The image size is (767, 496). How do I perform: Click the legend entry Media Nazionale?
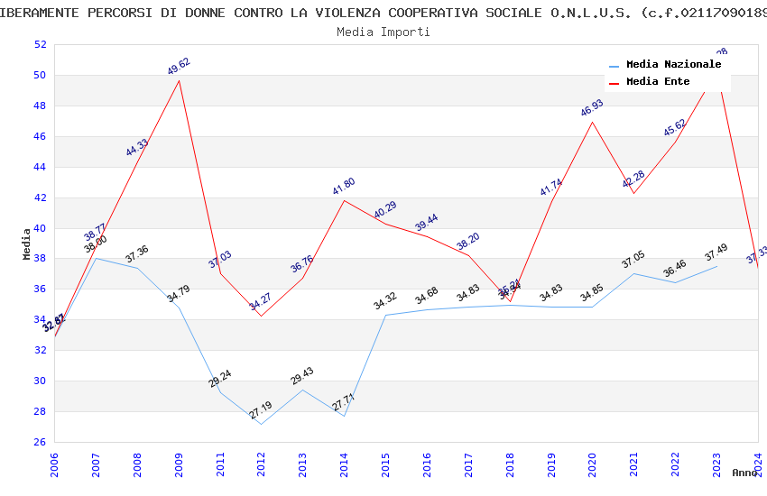pyautogui.click(x=673, y=65)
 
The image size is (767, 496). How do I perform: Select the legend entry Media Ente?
pyautogui.click(x=658, y=82)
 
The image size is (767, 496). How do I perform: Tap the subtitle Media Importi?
pyautogui.click(x=383, y=32)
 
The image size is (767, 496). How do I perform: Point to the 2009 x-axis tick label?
pyautogui.click(x=180, y=464)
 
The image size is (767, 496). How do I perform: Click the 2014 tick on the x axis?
pyautogui.click(x=345, y=464)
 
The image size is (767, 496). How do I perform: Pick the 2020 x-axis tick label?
pyautogui.click(x=593, y=464)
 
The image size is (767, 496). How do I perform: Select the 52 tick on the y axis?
pyautogui.click(x=40, y=45)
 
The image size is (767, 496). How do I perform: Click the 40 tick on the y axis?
pyautogui.click(x=40, y=228)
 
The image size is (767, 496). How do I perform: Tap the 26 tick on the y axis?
pyautogui.click(x=40, y=442)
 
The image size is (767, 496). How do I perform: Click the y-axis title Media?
pyautogui.click(x=27, y=243)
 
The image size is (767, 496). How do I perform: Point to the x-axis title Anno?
pyautogui.click(x=744, y=473)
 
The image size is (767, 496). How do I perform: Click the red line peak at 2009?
pyautogui.click(x=179, y=80)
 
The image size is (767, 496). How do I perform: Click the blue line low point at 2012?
pyautogui.click(x=262, y=424)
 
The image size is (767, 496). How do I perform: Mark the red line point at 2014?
pyautogui.click(x=344, y=200)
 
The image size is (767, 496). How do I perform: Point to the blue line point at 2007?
pyautogui.click(x=96, y=258)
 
